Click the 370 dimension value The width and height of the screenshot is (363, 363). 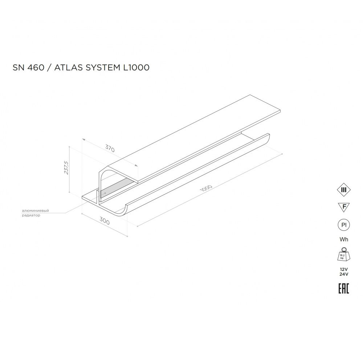[110, 148]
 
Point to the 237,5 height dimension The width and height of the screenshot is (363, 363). [66, 168]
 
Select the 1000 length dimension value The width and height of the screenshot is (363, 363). [206, 190]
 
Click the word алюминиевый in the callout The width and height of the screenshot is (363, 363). [35, 211]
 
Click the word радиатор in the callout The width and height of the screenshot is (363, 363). [31, 215]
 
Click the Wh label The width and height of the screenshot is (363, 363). [343, 239]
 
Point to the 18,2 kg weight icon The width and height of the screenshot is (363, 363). [343, 254]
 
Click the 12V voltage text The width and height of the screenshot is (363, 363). [343, 269]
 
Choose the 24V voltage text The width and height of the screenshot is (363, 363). [343, 274]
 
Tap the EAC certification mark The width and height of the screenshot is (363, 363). [343, 289]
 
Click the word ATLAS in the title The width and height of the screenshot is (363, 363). [67, 68]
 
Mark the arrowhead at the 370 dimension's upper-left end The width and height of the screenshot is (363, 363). [83, 139]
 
